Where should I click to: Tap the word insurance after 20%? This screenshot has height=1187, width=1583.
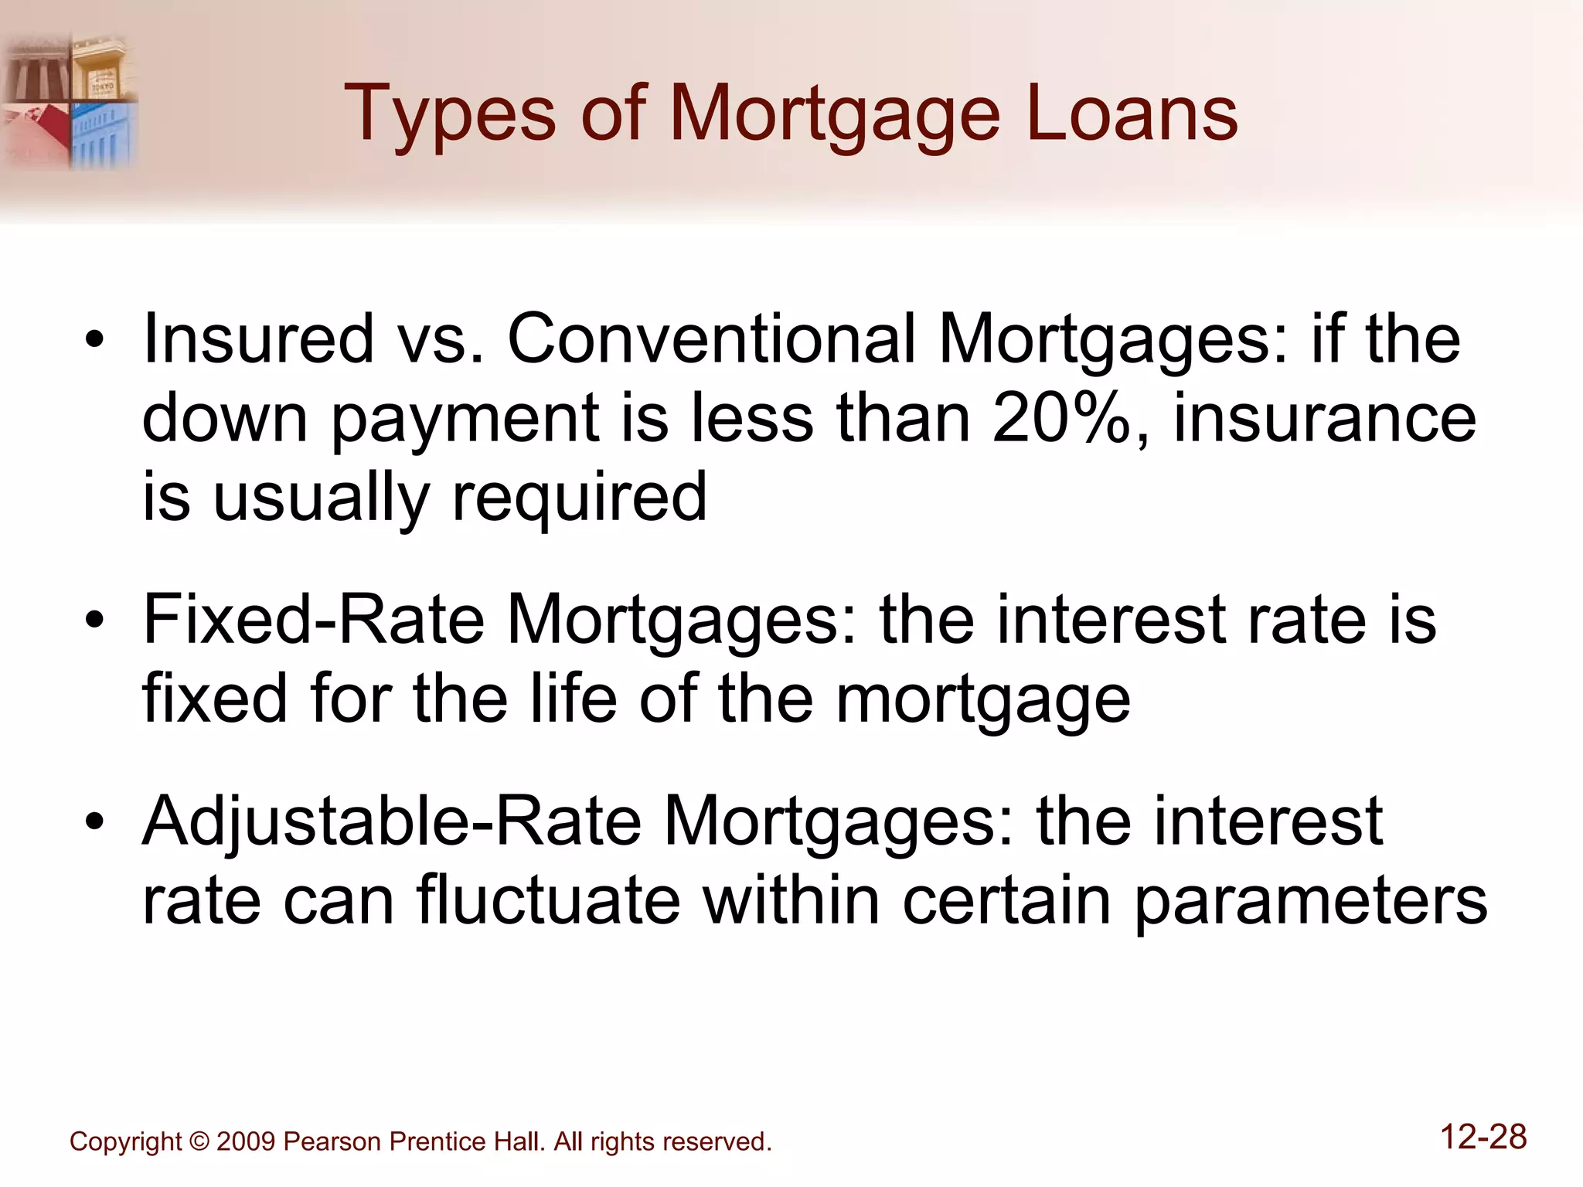point(1325,418)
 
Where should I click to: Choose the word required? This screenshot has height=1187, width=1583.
point(579,498)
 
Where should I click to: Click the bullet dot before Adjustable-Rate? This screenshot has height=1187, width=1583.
point(94,821)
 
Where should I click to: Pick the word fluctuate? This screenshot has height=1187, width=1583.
point(548,900)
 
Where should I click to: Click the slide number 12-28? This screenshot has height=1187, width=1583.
point(1483,1138)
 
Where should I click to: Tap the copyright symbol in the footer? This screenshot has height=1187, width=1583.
point(199,1141)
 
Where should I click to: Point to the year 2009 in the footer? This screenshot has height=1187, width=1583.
point(245,1141)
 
